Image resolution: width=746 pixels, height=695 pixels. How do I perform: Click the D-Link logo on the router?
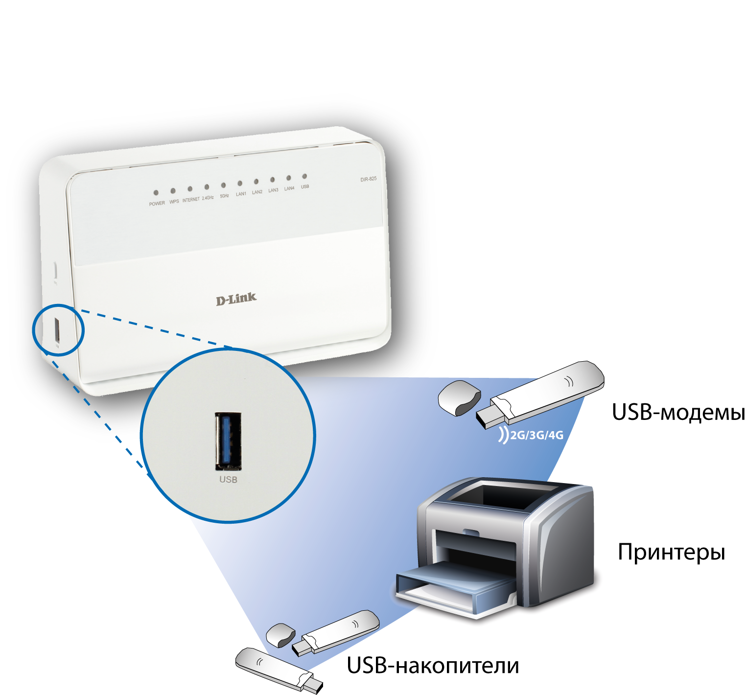[236, 299]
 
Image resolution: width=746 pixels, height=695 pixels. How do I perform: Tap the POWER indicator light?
[156, 193]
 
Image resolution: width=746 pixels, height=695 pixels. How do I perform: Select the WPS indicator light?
[173, 191]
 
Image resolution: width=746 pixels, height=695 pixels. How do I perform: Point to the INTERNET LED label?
[191, 200]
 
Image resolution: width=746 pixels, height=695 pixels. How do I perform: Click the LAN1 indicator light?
[240, 184]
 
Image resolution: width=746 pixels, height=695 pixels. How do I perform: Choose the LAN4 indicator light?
[289, 178]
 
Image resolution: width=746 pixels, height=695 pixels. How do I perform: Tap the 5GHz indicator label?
[224, 196]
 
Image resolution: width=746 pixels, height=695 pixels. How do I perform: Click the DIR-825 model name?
[369, 179]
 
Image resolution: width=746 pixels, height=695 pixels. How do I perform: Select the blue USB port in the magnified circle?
[228, 440]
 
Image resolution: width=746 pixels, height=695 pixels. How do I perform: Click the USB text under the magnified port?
[228, 480]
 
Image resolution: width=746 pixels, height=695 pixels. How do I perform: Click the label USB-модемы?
[678, 413]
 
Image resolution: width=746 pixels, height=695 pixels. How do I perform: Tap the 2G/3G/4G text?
[536, 435]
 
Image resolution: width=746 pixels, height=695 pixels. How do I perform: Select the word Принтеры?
[671, 552]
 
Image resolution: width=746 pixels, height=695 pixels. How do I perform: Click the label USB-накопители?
[433, 666]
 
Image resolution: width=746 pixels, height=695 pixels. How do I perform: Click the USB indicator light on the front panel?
[304, 176]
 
